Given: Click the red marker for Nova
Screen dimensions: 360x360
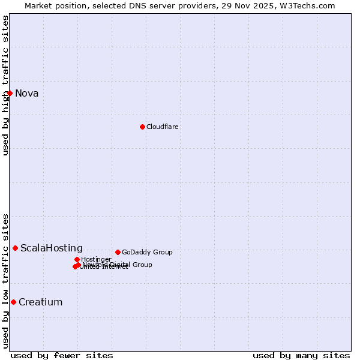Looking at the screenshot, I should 10,93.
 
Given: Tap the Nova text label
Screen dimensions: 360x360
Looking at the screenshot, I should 27,93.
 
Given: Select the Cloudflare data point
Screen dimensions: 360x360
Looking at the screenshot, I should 142,127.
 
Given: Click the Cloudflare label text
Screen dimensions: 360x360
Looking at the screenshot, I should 163,127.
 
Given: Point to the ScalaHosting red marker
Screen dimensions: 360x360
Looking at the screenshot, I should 15,248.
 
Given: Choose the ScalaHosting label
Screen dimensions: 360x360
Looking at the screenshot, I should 52,248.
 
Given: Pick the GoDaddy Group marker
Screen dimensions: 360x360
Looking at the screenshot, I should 118,252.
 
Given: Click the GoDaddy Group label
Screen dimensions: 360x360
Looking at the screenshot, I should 147,252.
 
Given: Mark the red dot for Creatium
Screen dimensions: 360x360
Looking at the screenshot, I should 13,302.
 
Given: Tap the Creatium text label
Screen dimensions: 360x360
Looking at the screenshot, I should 41,302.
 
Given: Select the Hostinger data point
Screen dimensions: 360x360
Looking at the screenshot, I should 77,259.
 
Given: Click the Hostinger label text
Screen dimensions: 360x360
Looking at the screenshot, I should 97,259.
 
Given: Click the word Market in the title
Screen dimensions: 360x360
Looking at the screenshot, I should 38,5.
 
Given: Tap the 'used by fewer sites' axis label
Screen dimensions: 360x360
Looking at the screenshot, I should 62,355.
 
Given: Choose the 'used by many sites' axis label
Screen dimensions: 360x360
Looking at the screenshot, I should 301,355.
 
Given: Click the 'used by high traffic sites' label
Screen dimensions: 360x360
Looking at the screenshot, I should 5,85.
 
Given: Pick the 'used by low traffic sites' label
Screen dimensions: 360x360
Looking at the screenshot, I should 5,281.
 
